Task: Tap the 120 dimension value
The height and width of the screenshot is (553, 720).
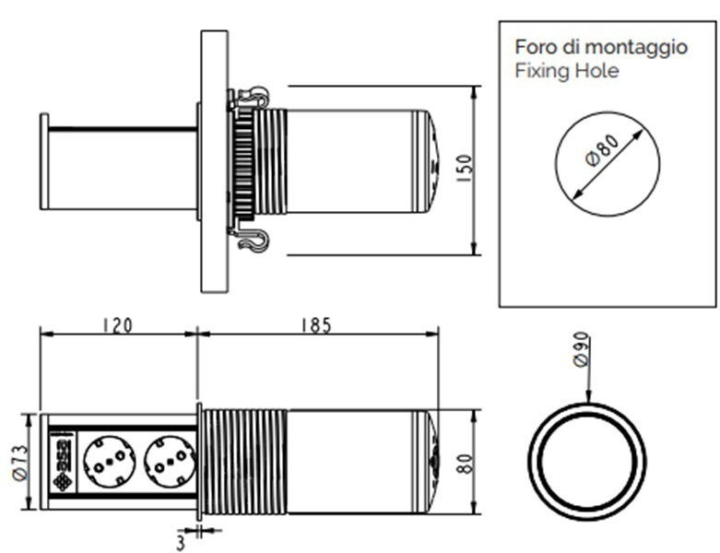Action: tap(117, 325)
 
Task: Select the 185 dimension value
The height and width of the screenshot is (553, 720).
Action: tap(315, 325)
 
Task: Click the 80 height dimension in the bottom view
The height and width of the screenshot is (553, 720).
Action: tap(466, 461)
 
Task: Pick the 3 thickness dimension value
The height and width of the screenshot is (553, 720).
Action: tap(181, 542)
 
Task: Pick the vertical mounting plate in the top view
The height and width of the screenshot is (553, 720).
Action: tap(214, 161)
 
